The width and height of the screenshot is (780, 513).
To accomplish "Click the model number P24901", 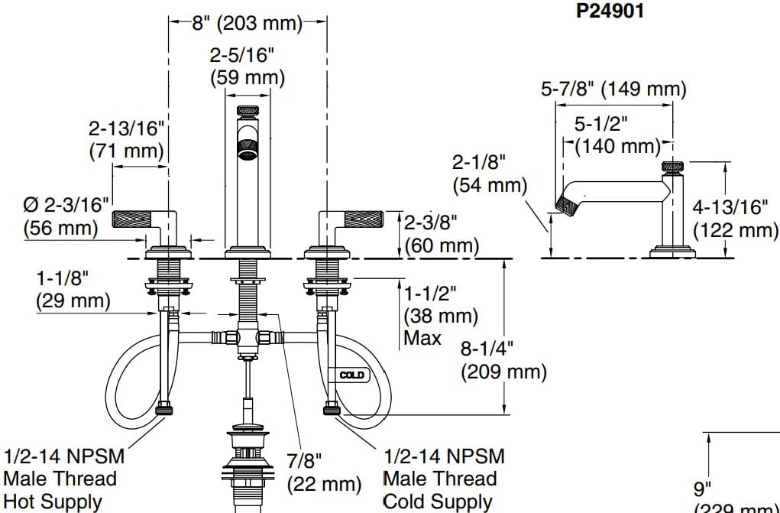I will pyautogui.click(x=610, y=12).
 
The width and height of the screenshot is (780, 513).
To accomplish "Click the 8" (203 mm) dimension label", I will pyautogui.click(x=247, y=23).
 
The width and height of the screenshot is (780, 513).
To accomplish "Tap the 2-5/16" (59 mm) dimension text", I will pyautogui.click(x=247, y=66).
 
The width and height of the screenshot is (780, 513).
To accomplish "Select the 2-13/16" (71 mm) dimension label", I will pyautogui.click(x=126, y=139).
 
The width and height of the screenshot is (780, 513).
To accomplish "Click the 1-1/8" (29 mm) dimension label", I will pyautogui.click(x=73, y=290).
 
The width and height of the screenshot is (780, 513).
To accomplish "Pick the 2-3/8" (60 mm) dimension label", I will pyautogui.click(x=441, y=234).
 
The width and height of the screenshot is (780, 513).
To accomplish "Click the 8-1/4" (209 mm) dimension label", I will pyautogui.click(x=503, y=360).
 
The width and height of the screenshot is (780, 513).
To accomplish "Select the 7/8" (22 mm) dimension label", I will pyautogui.click(x=323, y=472).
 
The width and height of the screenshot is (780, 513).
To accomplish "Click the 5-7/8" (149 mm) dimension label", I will pyautogui.click(x=613, y=89).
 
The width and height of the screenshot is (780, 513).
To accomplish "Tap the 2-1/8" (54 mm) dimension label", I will pyautogui.click(x=490, y=174).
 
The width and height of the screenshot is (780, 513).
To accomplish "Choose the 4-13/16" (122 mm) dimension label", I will pyautogui.click(x=734, y=219).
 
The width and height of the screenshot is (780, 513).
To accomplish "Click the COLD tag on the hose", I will pyautogui.click(x=351, y=375).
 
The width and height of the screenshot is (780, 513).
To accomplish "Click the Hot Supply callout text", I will pyautogui.click(x=52, y=502).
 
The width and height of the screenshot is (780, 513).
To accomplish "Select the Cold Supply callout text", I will pyautogui.click(x=437, y=502).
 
